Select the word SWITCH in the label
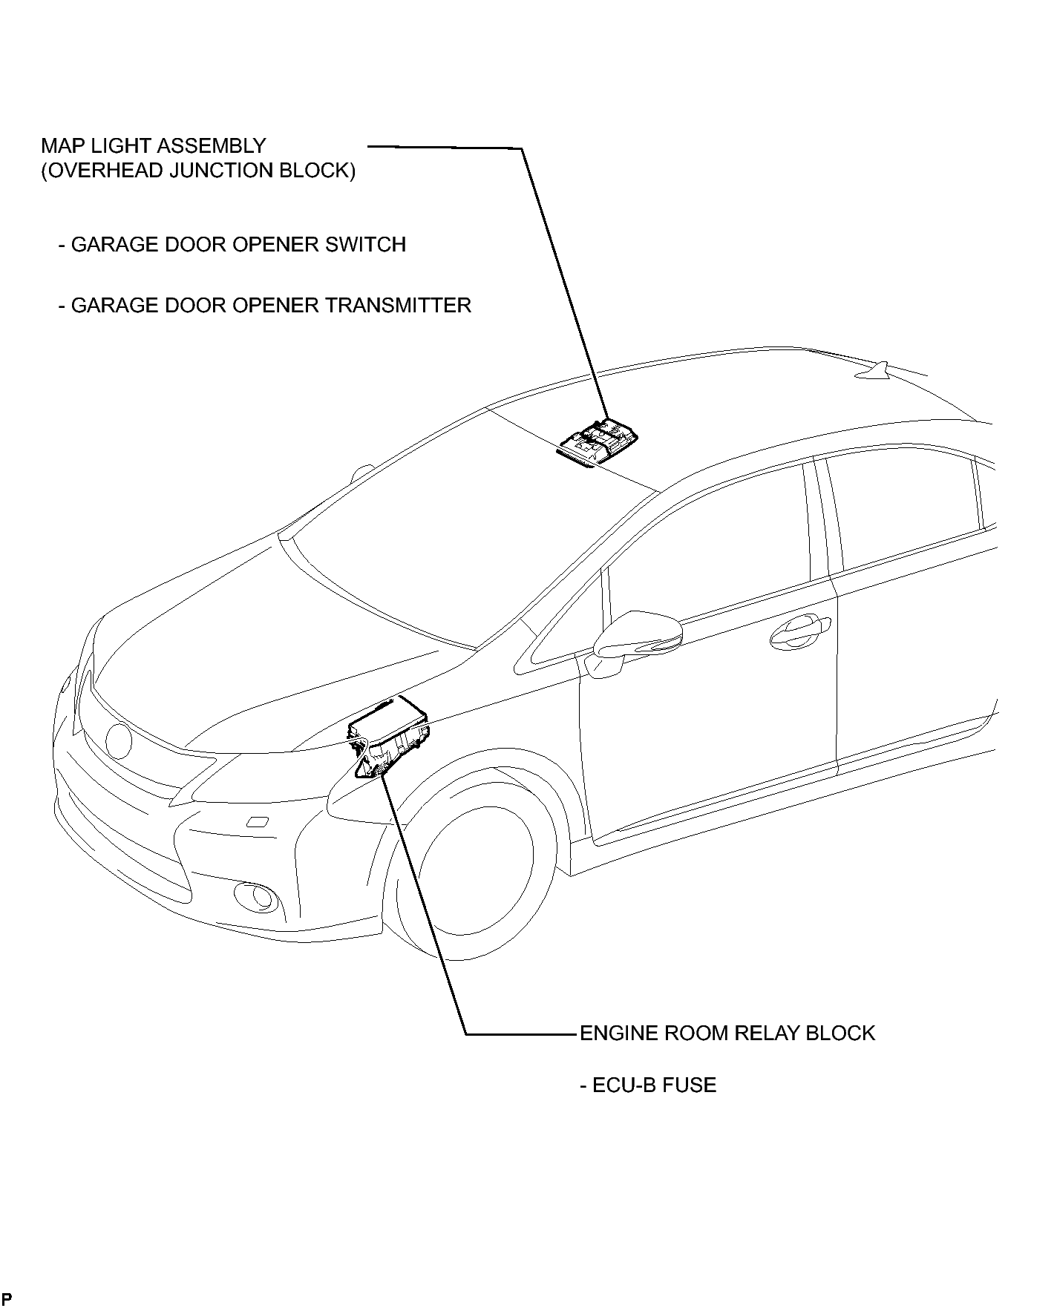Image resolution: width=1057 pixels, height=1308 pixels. coord(365,244)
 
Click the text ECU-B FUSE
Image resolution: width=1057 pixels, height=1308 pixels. coord(648,1085)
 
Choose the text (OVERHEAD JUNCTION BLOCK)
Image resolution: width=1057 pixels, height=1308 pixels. coord(198,171)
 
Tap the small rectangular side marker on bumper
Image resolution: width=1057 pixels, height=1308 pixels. coord(257,821)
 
